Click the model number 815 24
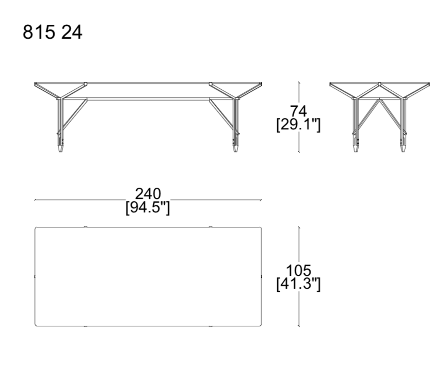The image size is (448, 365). pyautogui.click(x=52, y=32)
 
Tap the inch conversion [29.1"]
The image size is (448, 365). pyautogui.click(x=298, y=125)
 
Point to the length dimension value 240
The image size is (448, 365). pyautogui.click(x=148, y=194)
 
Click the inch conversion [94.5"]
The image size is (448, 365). pyautogui.click(x=148, y=208)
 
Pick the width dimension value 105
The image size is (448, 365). pyautogui.click(x=299, y=270)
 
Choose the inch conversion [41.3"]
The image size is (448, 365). pyautogui.click(x=299, y=284)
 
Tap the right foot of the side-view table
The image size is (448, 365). pyautogui.click(x=236, y=148)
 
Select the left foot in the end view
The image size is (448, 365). pyautogui.click(x=356, y=148)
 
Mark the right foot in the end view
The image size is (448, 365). pyautogui.click(x=403, y=148)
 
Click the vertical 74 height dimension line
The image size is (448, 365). pyautogui.click(x=299, y=93)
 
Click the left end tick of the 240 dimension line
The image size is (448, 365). pyautogui.click(x=35, y=200)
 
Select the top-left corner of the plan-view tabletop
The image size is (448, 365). pyautogui.click(x=36, y=228)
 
